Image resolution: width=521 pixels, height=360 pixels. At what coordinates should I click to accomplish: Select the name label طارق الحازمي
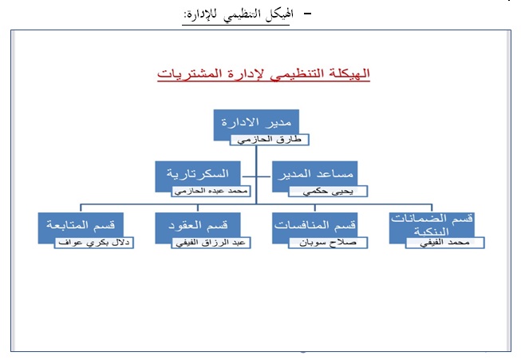coord(269,139)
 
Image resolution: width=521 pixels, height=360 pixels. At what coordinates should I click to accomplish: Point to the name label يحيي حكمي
coord(326,192)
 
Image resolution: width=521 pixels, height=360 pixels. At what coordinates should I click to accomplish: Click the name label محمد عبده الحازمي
coord(211,192)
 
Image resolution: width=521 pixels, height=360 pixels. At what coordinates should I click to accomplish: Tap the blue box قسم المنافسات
coord(313,226)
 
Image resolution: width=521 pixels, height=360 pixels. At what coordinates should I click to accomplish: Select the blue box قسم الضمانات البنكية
coord(430,224)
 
